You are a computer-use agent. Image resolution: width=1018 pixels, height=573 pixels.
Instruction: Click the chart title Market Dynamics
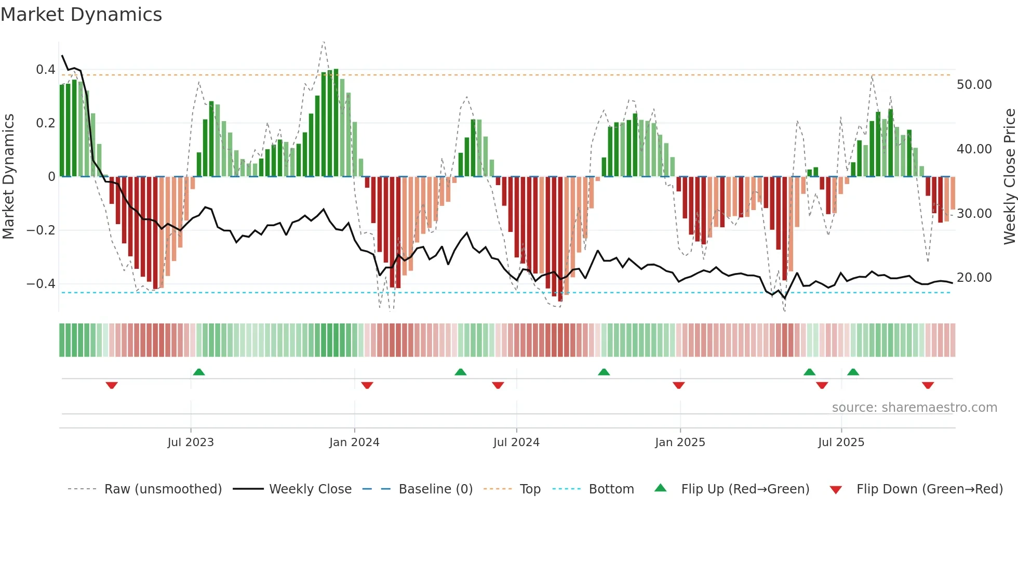pos(82,15)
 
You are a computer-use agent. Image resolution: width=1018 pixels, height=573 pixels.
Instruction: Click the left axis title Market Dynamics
pos(8,176)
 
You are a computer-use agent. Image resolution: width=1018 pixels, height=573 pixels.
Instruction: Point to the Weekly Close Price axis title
pos(1009,176)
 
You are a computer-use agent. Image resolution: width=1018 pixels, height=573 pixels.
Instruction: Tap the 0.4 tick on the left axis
pos(45,70)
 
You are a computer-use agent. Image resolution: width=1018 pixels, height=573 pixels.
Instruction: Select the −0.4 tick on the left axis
pos(41,284)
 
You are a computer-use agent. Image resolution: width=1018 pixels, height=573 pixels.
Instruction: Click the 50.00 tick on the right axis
pos(974,85)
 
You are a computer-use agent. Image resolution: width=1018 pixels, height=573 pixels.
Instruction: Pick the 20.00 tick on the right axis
pos(974,278)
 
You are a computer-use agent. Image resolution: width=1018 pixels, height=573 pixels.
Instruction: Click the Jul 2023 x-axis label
pos(191,442)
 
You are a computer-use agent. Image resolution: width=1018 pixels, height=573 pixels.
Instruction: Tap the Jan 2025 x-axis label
pos(680,442)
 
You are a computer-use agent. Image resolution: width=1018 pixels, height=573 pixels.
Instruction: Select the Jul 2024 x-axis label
pos(516,442)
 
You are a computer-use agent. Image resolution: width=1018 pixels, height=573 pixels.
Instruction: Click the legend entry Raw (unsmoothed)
pos(163,489)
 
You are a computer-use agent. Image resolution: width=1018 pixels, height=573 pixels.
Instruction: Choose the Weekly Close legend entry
pos(310,489)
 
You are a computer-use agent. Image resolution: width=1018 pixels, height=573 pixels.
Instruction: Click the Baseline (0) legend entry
pos(435,489)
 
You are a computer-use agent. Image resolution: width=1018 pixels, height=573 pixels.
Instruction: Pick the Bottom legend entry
pos(611,489)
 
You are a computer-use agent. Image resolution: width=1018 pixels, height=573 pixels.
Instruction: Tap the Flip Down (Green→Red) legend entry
pos(929,489)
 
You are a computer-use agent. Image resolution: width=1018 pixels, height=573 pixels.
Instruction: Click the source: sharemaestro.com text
pos(914,408)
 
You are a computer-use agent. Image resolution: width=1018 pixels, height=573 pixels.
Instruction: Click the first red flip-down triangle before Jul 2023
pos(112,385)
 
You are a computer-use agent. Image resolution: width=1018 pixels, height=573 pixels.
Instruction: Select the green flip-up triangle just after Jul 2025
pos(853,372)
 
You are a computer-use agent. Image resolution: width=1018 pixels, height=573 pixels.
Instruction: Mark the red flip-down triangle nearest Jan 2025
pos(678,385)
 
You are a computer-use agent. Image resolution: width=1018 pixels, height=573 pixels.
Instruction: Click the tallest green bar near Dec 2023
pos(336,123)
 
